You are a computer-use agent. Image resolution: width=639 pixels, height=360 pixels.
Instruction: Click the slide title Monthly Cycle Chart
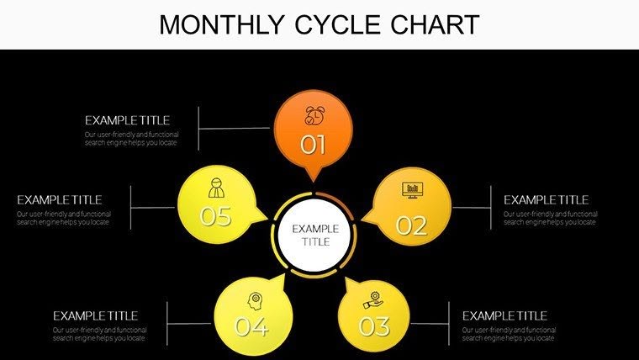(x=319, y=24)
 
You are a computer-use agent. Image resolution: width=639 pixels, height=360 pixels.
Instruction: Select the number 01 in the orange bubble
(x=314, y=146)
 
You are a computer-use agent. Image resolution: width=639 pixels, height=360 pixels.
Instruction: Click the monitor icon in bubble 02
(x=412, y=189)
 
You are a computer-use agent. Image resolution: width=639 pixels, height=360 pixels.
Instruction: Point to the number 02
(x=411, y=225)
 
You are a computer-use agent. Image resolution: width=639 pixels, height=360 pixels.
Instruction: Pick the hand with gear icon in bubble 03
(x=371, y=299)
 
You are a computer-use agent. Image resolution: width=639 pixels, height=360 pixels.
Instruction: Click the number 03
(x=374, y=326)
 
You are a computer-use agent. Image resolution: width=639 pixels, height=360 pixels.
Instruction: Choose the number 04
(x=251, y=326)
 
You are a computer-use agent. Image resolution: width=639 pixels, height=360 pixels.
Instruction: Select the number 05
(x=215, y=216)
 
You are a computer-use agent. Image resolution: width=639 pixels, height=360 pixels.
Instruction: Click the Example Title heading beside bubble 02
(x=546, y=200)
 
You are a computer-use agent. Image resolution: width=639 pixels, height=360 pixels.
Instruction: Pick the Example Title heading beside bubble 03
(x=504, y=315)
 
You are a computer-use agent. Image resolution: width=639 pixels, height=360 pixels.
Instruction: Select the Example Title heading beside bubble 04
(x=95, y=315)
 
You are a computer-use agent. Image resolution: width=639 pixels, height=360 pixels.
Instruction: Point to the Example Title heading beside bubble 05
(x=59, y=200)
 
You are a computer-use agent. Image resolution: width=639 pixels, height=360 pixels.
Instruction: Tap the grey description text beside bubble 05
(x=63, y=218)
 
